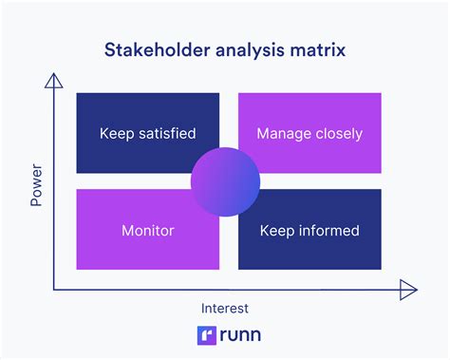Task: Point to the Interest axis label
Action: click(x=225, y=308)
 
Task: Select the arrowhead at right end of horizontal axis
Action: click(x=408, y=289)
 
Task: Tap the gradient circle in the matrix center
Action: click(x=224, y=180)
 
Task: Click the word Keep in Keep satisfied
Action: click(x=116, y=134)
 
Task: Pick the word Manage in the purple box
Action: click(x=283, y=134)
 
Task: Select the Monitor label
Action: click(x=147, y=230)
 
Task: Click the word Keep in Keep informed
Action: click(x=279, y=230)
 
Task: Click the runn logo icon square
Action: click(x=204, y=335)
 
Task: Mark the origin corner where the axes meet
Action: click(x=55, y=289)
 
